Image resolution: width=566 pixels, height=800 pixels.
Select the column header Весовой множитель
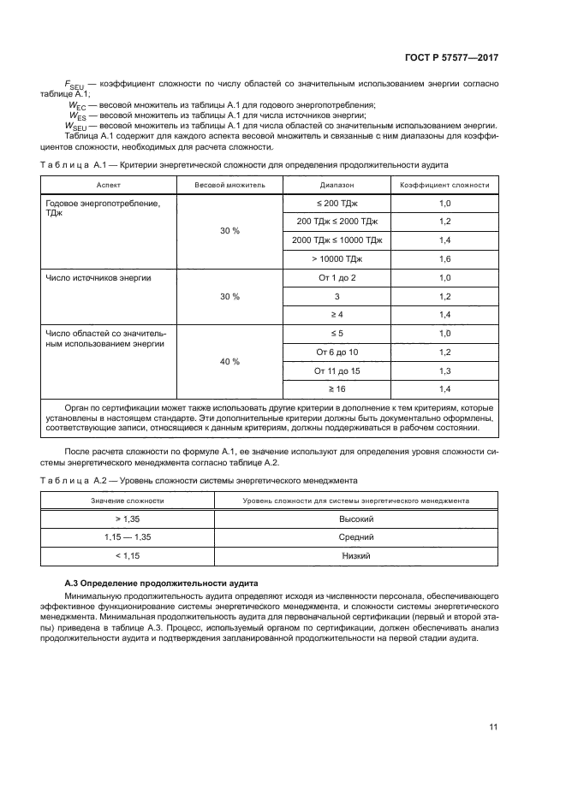tap(229, 184)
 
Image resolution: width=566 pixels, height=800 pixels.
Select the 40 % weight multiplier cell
tap(229, 362)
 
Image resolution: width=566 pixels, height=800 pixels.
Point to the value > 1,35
tap(128, 519)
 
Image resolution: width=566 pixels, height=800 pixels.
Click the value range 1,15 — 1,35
tap(128, 537)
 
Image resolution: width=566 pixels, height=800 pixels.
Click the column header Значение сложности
tap(128, 500)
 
